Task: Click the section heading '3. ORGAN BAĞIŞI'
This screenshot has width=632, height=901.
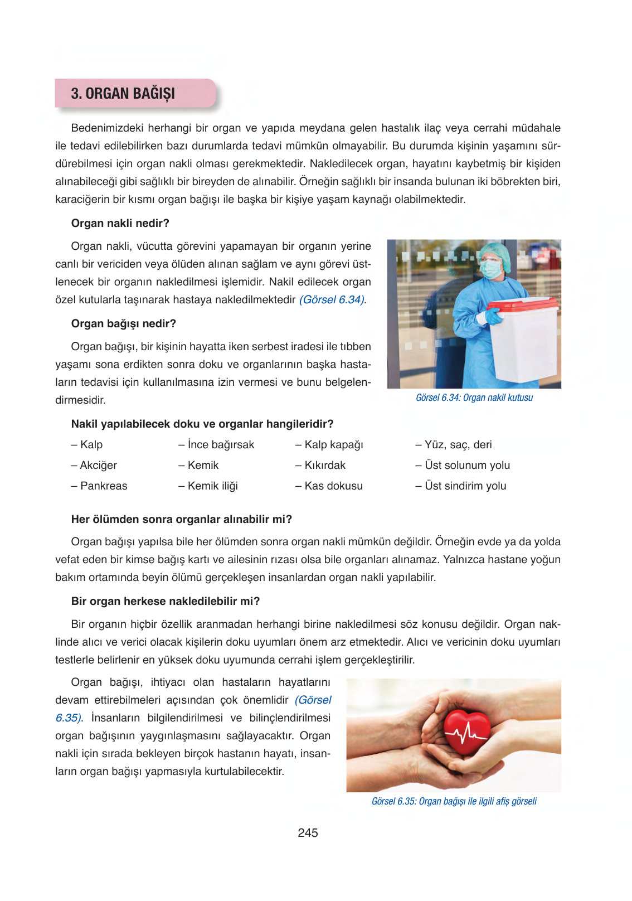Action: point(123,94)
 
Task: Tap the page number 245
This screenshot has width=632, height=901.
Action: point(308,833)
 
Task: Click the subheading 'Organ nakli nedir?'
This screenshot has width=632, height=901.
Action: point(120,224)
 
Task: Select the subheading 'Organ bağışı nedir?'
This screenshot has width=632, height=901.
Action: point(123,324)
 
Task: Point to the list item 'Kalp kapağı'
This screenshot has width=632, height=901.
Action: point(333,445)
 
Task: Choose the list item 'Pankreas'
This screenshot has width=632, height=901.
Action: point(104,486)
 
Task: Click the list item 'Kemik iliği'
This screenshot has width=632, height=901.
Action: point(212,486)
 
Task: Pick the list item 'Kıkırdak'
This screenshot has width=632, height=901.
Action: point(325,466)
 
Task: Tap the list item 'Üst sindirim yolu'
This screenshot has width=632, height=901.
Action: point(465,486)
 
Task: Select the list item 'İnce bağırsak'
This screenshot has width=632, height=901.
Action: point(221,445)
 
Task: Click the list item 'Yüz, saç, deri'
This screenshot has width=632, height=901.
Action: point(458,445)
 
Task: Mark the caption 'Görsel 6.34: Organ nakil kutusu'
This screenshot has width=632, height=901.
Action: point(474,398)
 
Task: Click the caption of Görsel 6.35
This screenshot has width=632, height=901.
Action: point(454,802)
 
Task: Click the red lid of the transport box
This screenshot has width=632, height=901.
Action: point(522,304)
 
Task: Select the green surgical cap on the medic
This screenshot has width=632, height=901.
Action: point(494,251)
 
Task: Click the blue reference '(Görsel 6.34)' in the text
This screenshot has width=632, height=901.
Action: point(333,300)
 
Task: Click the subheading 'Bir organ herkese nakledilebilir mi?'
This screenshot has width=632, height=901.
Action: point(166,602)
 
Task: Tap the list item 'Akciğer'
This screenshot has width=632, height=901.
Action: point(98,466)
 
